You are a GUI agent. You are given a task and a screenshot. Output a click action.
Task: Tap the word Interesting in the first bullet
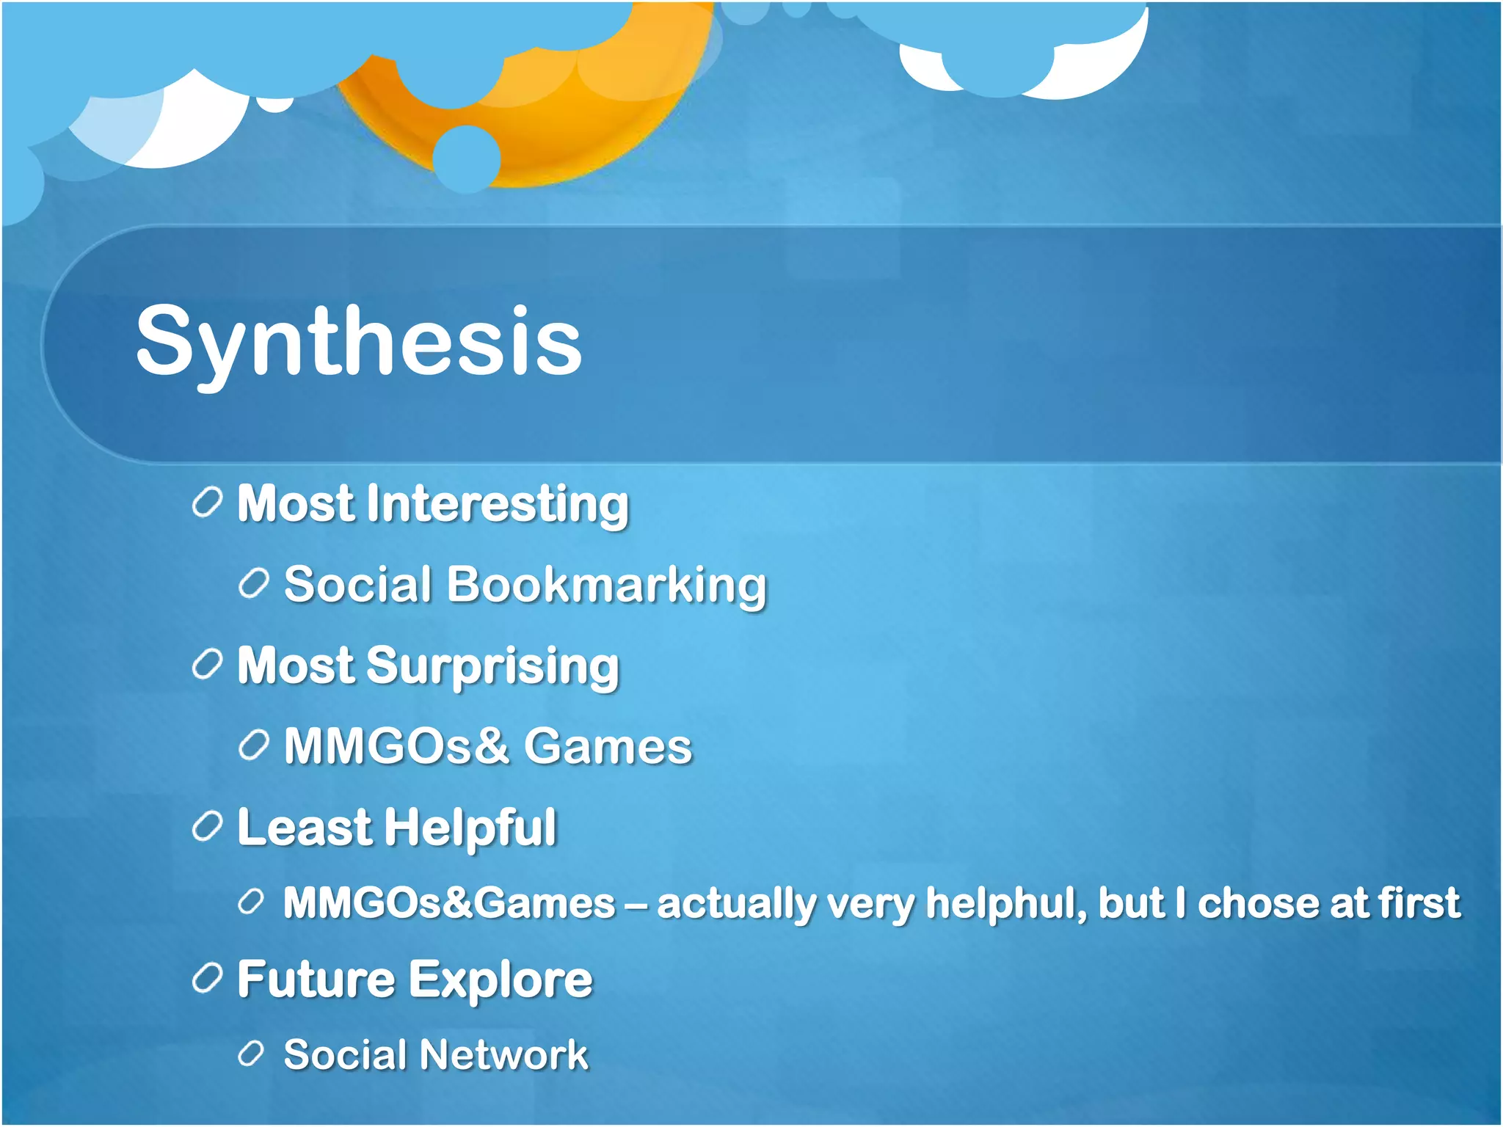497,505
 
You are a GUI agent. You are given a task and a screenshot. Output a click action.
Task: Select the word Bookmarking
606,586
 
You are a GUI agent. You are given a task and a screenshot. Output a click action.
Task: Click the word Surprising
492,666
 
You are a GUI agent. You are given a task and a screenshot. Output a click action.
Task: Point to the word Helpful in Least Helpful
470,828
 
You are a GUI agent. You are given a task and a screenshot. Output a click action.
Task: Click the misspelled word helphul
1005,902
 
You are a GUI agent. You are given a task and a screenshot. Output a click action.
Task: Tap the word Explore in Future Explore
500,980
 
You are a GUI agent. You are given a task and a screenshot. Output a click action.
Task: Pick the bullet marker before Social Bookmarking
253,585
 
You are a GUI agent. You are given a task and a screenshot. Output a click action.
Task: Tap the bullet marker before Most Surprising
207,665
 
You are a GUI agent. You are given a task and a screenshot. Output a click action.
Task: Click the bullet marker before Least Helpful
207,827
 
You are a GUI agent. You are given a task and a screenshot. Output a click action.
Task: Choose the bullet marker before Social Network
251,1054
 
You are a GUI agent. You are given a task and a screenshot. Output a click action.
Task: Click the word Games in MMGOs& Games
608,747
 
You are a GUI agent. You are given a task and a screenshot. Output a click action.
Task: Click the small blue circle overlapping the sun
467,158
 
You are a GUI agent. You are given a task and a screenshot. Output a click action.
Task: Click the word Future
316,980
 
